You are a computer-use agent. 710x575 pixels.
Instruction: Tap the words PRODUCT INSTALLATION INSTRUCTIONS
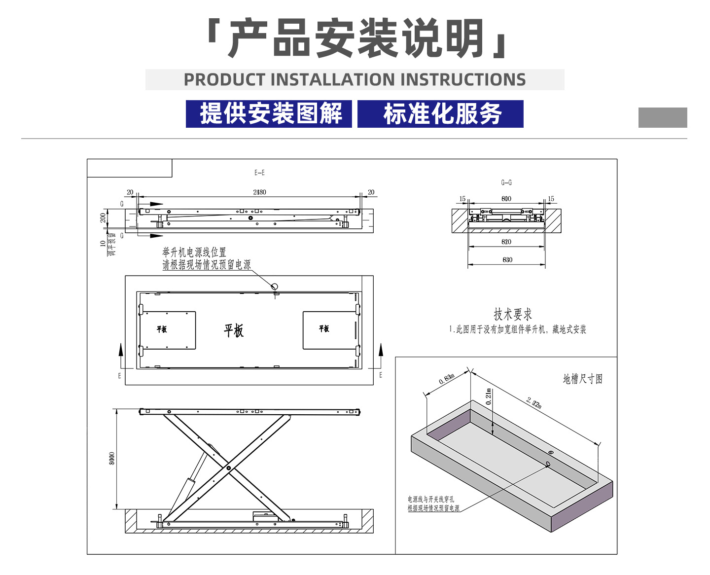coord(355,80)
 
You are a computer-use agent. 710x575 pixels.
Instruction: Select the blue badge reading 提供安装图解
coord(269,114)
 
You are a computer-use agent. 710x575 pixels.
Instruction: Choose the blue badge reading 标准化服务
coord(440,114)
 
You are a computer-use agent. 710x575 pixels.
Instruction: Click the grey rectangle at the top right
coord(662,118)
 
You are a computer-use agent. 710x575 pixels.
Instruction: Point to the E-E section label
coord(259,173)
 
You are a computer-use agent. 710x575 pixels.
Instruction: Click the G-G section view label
coord(506,182)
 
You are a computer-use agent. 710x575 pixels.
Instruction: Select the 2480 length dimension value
coord(259,192)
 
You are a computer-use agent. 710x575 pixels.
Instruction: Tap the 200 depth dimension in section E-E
coord(103,217)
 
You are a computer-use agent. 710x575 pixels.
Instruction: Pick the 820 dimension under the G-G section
coord(506,242)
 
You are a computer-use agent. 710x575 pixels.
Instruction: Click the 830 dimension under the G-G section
coord(507,259)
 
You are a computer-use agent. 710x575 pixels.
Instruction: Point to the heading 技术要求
coord(513,314)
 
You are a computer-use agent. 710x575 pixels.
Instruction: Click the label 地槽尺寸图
coord(583,379)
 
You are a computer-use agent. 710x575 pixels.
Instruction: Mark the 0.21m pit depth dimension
coord(489,397)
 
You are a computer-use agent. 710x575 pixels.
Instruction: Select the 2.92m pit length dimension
coord(534,402)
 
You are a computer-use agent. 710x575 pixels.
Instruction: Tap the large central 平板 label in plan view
coord(234,330)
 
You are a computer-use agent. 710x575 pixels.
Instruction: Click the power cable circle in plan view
coord(275,286)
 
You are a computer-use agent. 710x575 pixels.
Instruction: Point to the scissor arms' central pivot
coord(228,467)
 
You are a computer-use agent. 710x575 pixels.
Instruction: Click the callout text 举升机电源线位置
coord(194,252)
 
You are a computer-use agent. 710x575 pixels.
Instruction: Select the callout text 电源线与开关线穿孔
coord(430,499)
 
